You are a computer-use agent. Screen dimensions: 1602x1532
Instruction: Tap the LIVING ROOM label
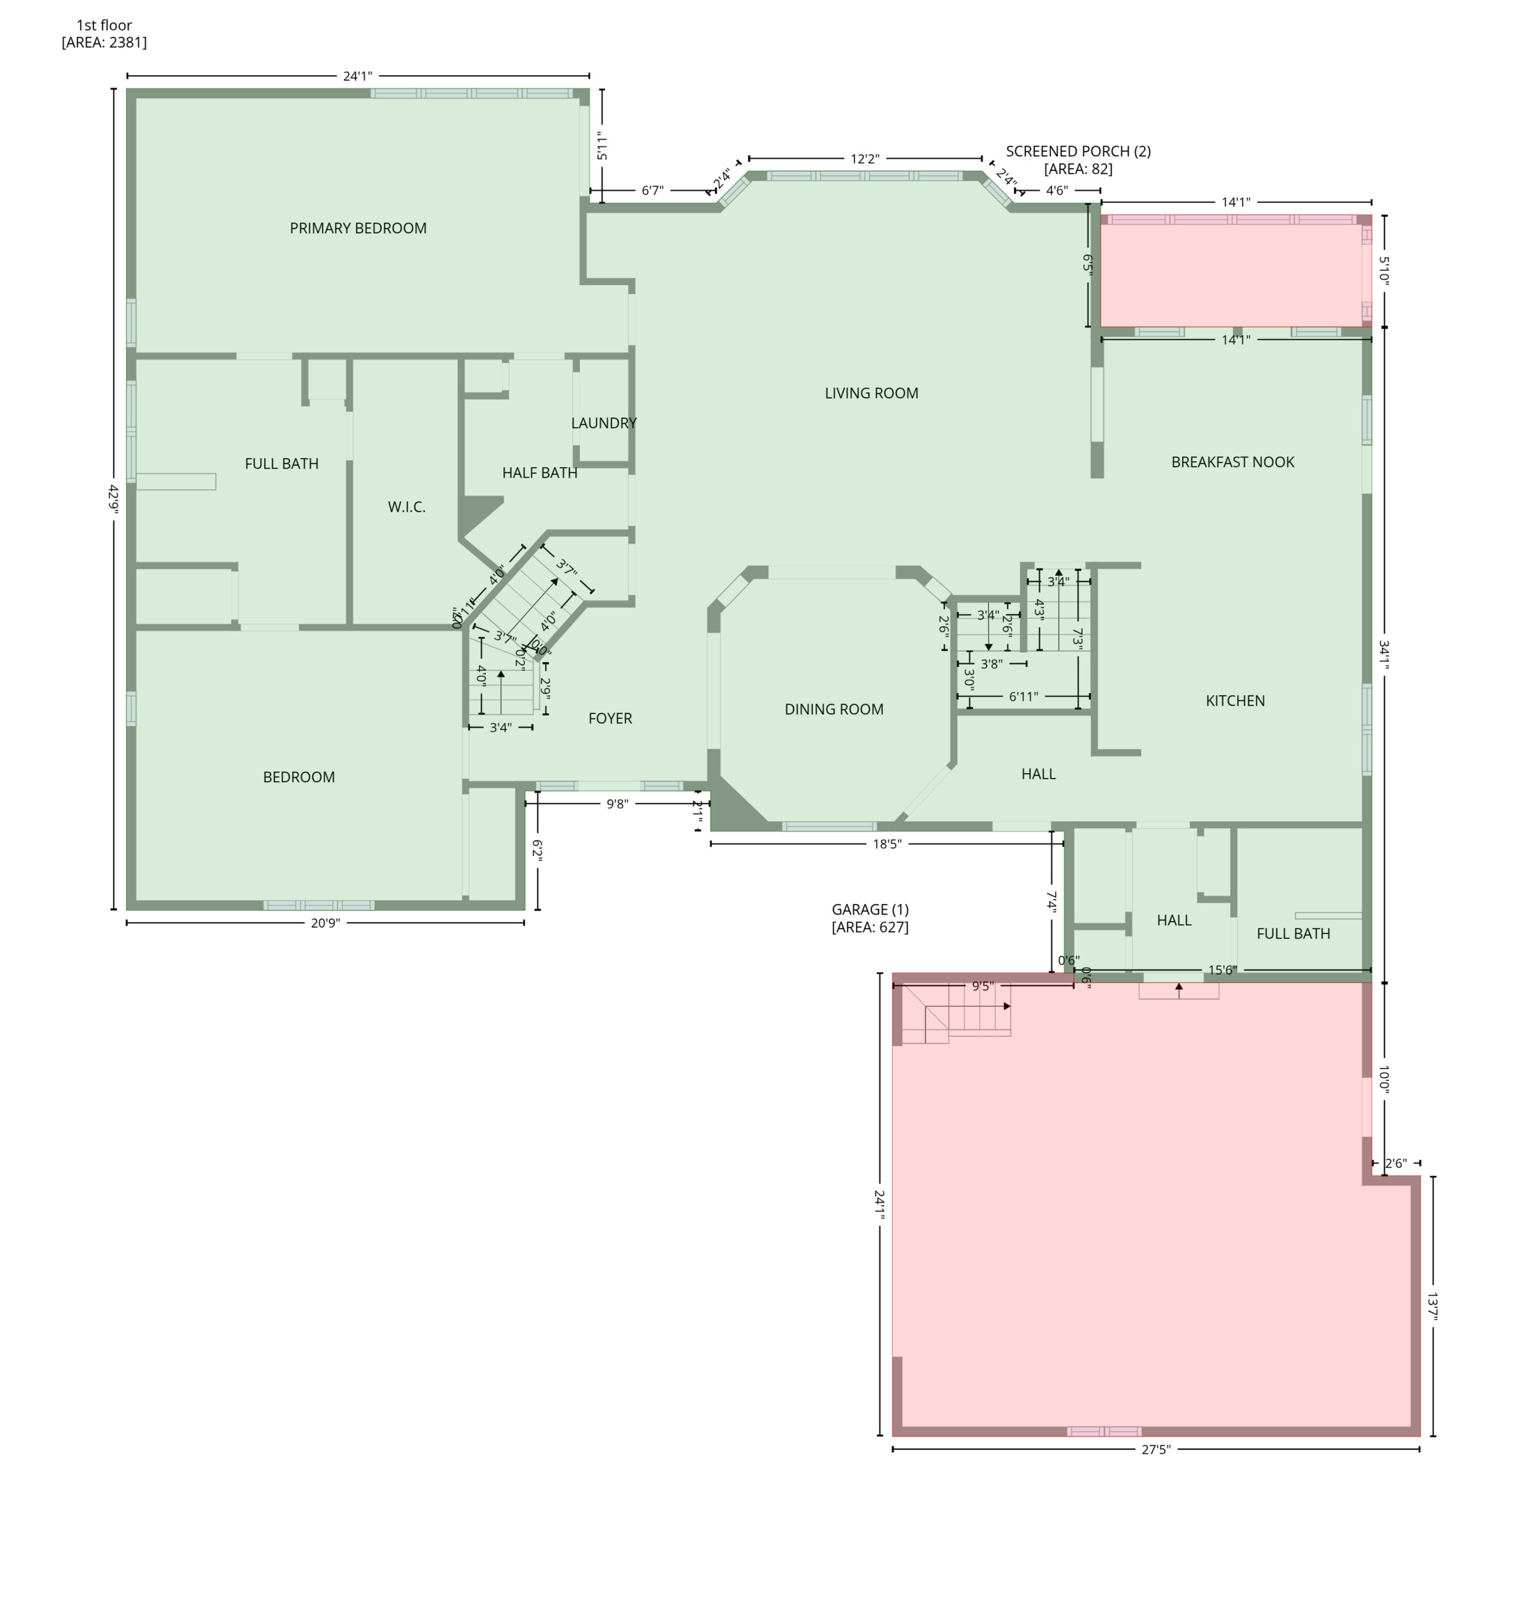[871, 394]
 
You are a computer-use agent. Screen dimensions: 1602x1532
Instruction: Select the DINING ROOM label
[834, 709]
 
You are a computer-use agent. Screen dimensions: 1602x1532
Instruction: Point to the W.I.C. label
[407, 507]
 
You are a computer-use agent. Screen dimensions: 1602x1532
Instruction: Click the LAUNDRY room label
[604, 423]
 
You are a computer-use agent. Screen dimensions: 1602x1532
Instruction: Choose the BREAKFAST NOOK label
[1232, 462]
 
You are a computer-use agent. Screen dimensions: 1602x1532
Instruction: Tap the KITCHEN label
[1235, 701]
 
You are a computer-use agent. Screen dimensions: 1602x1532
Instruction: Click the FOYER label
[610, 718]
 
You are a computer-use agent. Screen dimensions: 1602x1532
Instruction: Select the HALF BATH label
[539, 473]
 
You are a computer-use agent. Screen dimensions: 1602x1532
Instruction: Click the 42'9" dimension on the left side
[113, 498]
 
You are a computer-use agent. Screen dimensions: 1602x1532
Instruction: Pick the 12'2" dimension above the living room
[865, 159]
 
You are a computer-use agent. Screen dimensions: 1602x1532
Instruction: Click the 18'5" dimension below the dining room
[887, 844]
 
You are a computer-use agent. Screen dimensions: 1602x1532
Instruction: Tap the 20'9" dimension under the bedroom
[325, 923]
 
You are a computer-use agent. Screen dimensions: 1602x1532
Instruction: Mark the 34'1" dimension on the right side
[1384, 654]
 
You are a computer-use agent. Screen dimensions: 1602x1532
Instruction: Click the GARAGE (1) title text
[870, 909]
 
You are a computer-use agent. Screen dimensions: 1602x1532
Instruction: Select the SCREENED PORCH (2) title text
[1078, 152]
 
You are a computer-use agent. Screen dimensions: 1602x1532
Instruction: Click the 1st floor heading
[104, 25]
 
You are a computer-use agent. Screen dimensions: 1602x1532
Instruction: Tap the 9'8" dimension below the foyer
[618, 804]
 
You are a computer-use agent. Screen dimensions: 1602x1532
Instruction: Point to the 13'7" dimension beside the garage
[1433, 1306]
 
